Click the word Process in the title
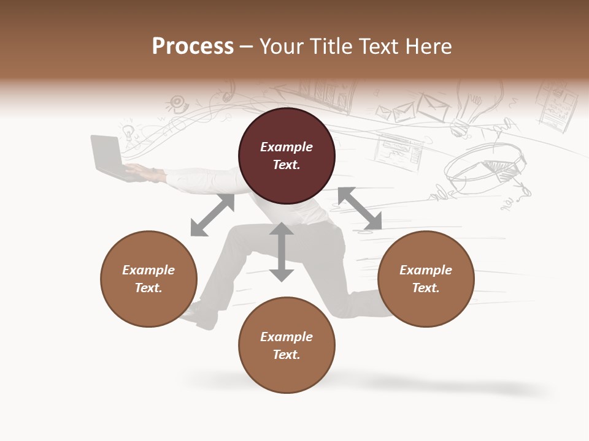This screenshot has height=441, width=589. coord(193,47)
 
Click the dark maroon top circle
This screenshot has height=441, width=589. coord(287,156)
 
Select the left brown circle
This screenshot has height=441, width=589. coord(148,279)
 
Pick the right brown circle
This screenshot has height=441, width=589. coord(426,279)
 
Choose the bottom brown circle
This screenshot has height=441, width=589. coord(287,345)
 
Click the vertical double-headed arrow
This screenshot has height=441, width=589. coord(282,252)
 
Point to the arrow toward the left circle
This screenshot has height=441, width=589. coord(212,215)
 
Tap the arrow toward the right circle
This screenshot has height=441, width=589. coord(360,209)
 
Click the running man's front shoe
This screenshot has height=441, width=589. coord(199,314)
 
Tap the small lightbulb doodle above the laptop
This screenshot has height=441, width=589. coord(128,131)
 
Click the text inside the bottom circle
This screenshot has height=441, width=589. coord(287,345)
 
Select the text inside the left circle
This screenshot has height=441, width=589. coord(148,279)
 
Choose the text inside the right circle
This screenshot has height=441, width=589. coord(426,279)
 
